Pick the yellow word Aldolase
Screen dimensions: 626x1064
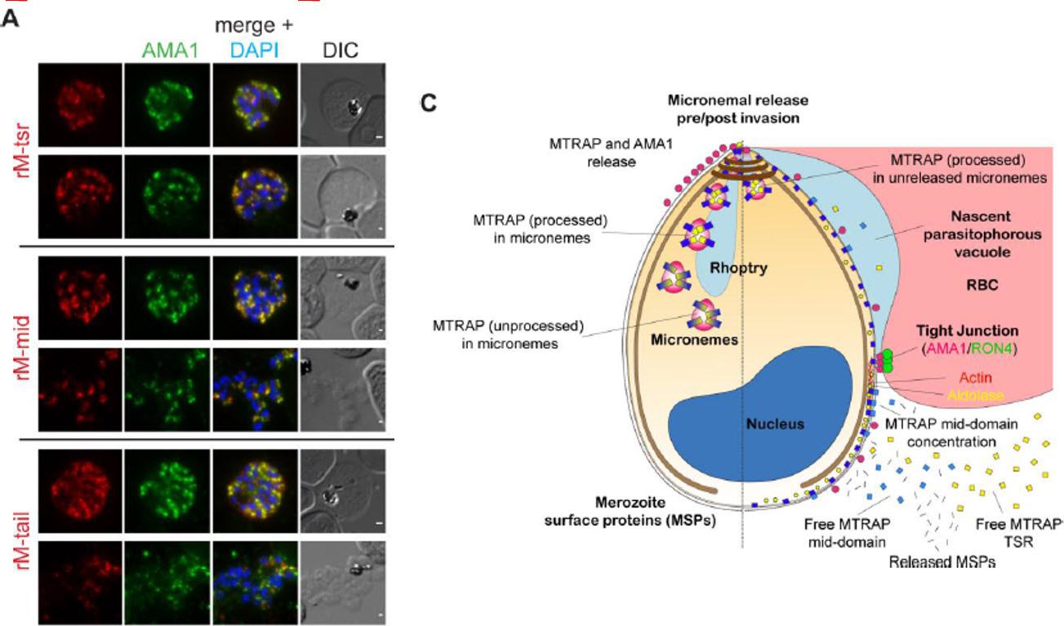coord(975,396)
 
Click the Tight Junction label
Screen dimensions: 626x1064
coord(966,331)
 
